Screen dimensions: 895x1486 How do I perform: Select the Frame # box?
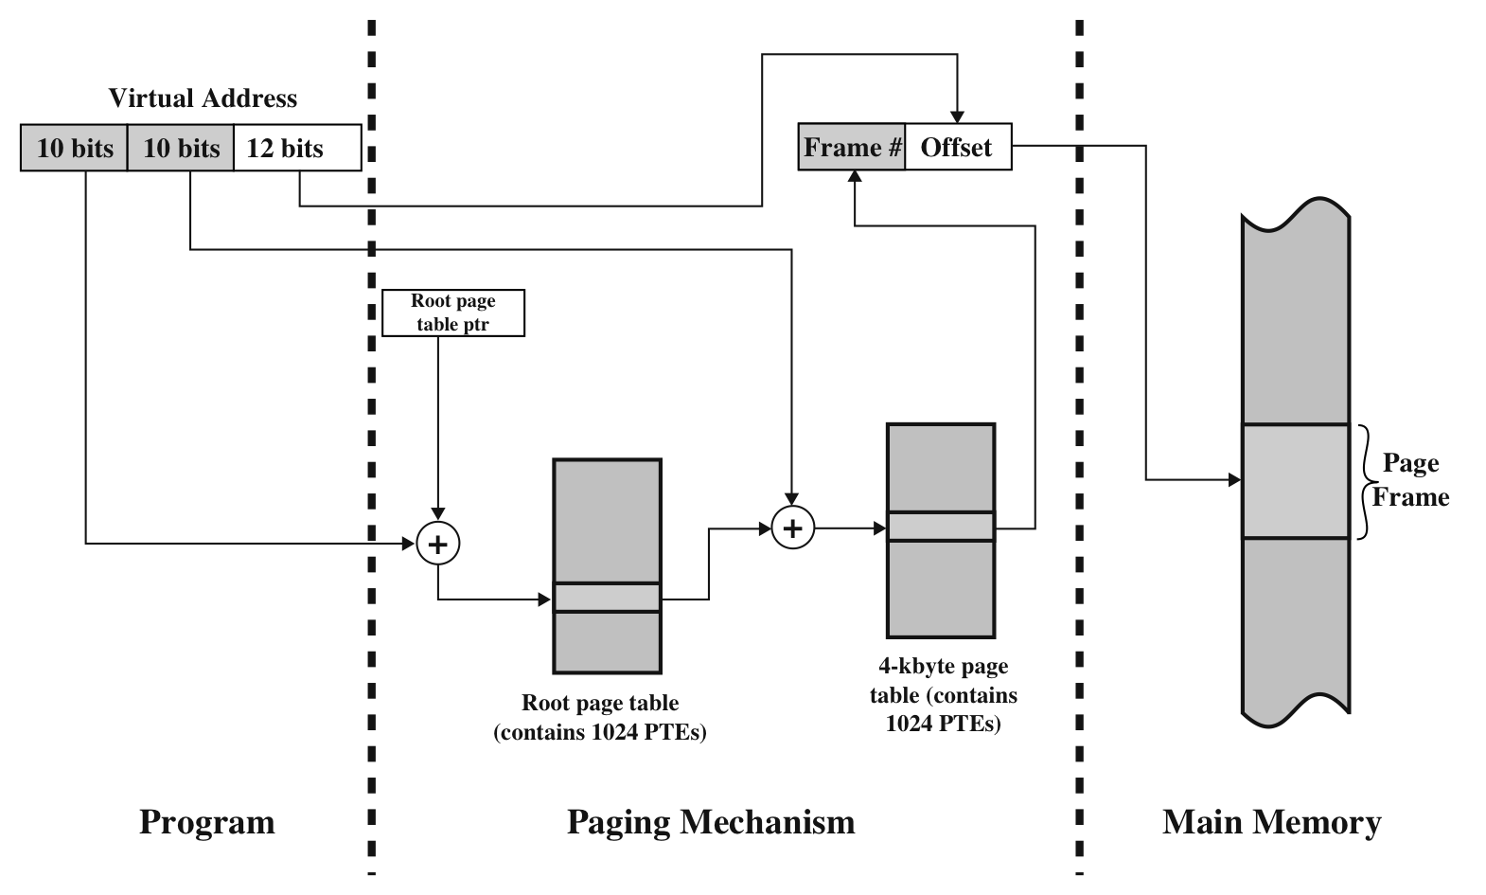click(852, 148)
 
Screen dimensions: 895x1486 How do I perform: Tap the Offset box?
click(957, 148)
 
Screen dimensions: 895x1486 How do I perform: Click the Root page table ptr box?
click(452, 313)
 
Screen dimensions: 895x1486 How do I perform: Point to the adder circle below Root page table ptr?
click(438, 544)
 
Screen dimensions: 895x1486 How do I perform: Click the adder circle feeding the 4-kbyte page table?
click(793, 528)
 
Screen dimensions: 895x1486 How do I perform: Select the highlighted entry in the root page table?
click(607, 598)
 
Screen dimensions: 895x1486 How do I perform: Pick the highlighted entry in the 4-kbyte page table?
click(941, 527)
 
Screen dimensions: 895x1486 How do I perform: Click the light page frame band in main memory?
click(1295, 481)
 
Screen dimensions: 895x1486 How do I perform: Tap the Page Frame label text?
click(1410, 480)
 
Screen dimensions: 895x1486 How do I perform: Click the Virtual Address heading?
click(203, 98)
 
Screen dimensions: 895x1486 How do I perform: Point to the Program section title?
click(207, 822)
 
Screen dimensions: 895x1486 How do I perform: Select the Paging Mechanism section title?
click(711, 822)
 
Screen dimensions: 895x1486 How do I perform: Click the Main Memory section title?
click(1271, 822)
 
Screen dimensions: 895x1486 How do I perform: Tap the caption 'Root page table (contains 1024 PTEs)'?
click(600, 718)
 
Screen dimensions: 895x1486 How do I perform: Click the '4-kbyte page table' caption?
click(944, 695)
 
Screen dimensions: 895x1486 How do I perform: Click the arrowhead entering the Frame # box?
click(855, 177)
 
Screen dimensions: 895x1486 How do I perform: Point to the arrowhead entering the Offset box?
click(958, 116)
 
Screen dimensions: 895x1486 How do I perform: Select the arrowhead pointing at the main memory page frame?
click(1234, 480)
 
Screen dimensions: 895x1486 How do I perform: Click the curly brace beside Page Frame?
click(1364, 482)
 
